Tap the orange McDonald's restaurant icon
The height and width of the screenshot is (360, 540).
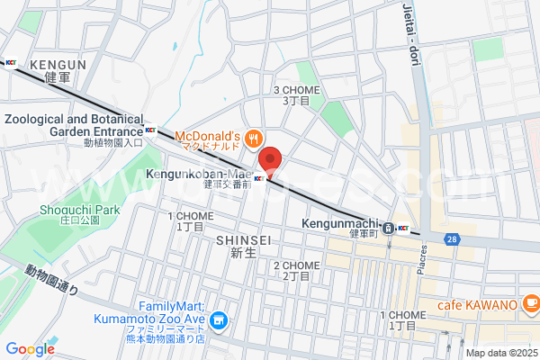coord(255,138)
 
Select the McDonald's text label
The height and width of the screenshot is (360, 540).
coord(212,138)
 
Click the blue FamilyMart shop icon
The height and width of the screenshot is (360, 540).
coord(218,319)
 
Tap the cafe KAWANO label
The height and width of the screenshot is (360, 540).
coord(477,304)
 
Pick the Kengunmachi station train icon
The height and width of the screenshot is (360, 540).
coord(387,228)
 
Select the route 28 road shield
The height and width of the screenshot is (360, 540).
coord(450,238)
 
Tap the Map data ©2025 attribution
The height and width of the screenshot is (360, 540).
coord(500,353)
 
